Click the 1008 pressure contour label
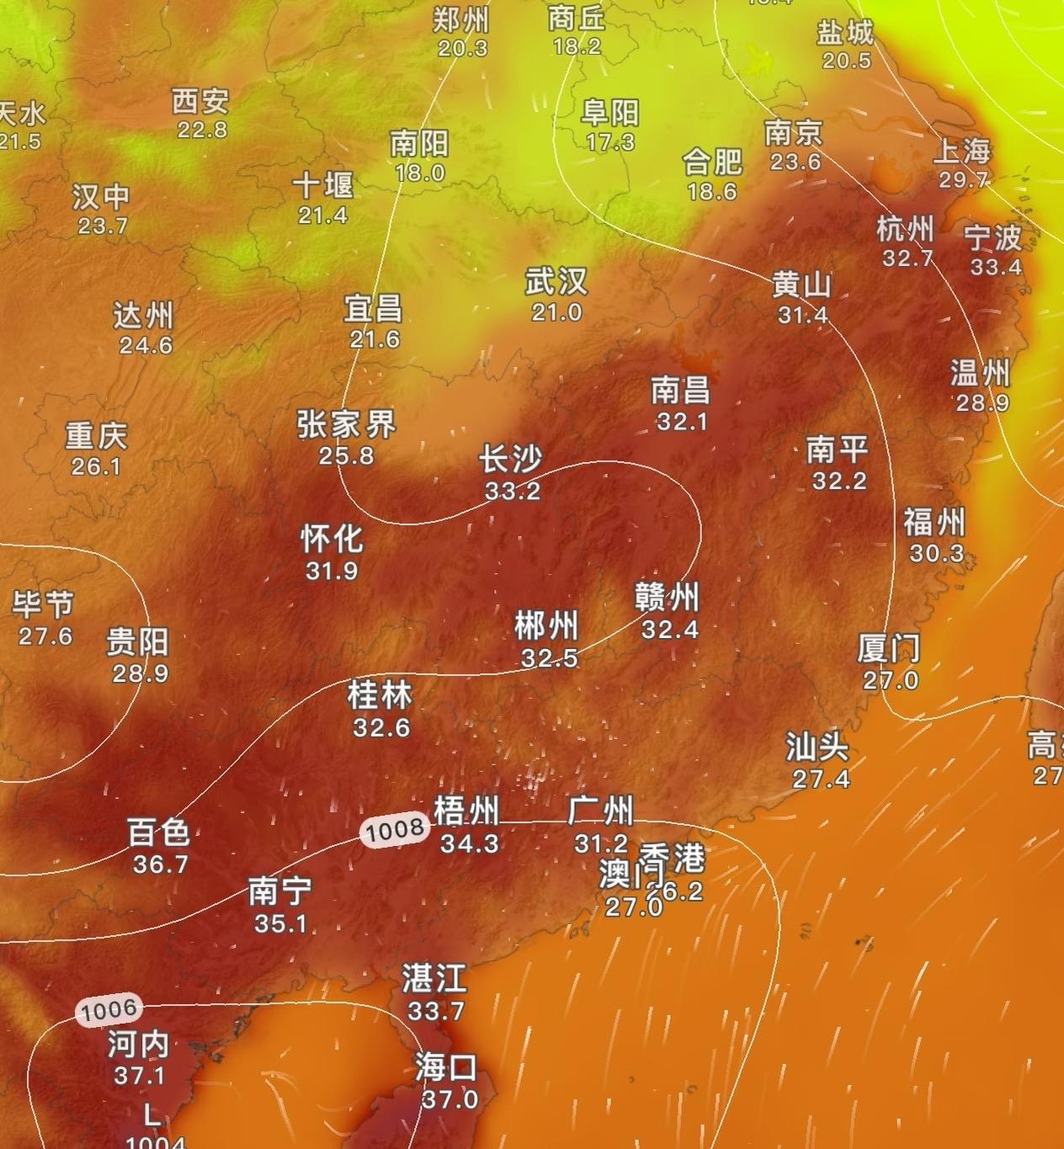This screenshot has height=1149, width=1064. tap(395, 830)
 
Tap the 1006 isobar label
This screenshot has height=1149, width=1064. tap(109, 1009)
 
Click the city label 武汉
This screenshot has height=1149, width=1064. tap(556, 281)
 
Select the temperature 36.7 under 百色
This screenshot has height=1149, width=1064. tap(160, 864)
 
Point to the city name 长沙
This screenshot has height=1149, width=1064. tap(510, 460)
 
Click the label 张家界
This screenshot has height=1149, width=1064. tap(346, 424)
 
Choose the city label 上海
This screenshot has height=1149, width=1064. tap(963, 152)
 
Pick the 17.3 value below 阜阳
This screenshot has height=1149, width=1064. tap(610, 142)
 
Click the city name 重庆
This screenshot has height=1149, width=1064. tap(96, 436)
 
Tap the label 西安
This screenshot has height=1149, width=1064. tap(200, 102)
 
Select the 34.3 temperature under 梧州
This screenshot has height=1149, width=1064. tap(469, 843)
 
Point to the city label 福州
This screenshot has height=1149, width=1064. tap(934, 523)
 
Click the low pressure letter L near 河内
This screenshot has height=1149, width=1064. tap(152, 1116)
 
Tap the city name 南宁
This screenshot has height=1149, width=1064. tap(280, 891)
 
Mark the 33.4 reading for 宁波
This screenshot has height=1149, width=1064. tap(996, 268)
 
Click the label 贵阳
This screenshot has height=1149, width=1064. tap(138, 642)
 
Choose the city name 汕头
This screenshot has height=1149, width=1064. tap(817, 747)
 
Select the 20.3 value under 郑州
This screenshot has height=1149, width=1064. tap(462, 49)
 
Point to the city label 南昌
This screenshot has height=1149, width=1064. tap(681, 391)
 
